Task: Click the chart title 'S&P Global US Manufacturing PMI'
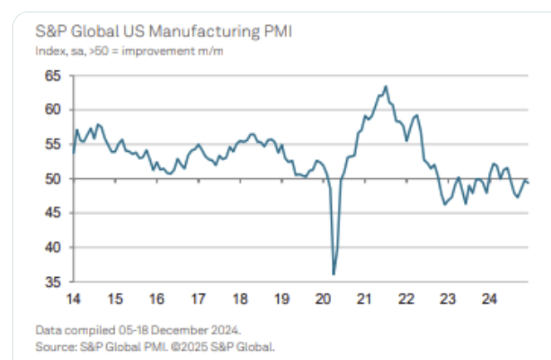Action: click(153, 32)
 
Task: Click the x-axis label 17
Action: click(197, 298)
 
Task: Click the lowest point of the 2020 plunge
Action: click(334, 274)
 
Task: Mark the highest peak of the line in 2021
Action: click(386, 85)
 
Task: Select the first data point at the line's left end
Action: click(73, 153)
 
